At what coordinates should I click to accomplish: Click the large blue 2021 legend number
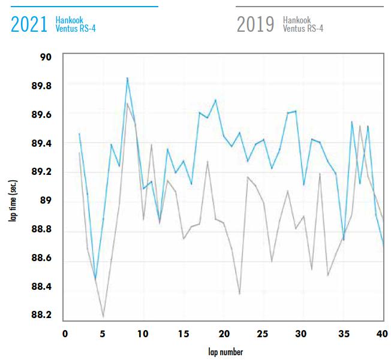point(29,24)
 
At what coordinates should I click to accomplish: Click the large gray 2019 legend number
point(255,24)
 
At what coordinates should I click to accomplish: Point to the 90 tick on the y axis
point(46,58)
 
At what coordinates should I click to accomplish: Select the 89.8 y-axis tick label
point(42,86)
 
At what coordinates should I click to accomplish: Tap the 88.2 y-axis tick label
point(42,315)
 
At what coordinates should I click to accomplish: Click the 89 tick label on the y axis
point(46,201)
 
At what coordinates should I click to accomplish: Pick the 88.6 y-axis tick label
point(42,258)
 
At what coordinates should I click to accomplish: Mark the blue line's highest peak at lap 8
point(127,78)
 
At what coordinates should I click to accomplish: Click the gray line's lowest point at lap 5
point(104,316)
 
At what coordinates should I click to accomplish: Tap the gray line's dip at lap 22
point(239,294)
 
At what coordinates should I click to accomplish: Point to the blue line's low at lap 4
point(95,279)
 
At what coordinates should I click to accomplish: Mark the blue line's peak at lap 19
point(215,100)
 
